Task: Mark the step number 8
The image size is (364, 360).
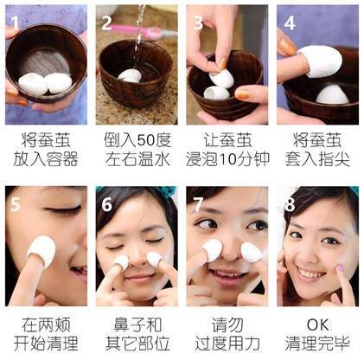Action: click(289, 204)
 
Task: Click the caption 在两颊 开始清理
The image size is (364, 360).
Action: click(45, 333)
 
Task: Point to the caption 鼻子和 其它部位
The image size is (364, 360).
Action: click(136, 333)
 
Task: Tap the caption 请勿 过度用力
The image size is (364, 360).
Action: click(227, 333)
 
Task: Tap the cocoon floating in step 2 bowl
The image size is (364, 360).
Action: click(131, 75)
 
